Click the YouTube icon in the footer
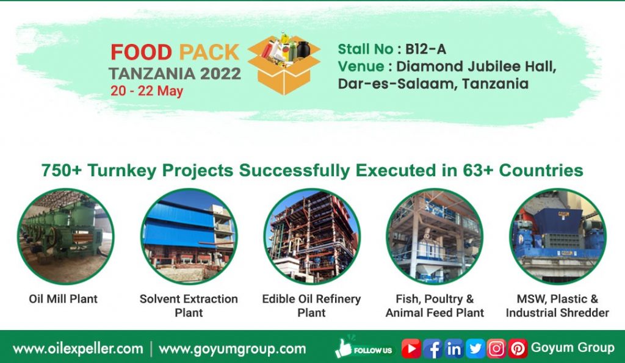pyautogui.click(x=411, y=348)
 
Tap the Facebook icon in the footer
pyautogui.click(x=432, y=348)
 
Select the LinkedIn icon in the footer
pyautogui.click(x=453, y=348)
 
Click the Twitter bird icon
pyautogui.click(x=475, y=348)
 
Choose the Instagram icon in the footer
pyautogui.click(x=496, y=348)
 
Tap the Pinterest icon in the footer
pyautogui.click(x=518, y=348)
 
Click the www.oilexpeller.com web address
pyautogui.click(x=78, y=349)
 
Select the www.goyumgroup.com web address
pyautogui.click(x=232, y=349)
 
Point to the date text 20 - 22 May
pyautogui.click(x=146, y=91)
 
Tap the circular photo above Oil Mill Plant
pyautogui.click(x=65, y=237)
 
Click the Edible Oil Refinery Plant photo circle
pyautogui.click(x=311, y=237)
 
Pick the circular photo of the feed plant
pyautogui.click(x=434, y=237)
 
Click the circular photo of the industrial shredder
pyautogui.click(x=557, y=237)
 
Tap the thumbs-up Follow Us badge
pyautogui.click(x=364, y=348)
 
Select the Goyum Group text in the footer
pyautogui.click(x=573, y=348)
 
